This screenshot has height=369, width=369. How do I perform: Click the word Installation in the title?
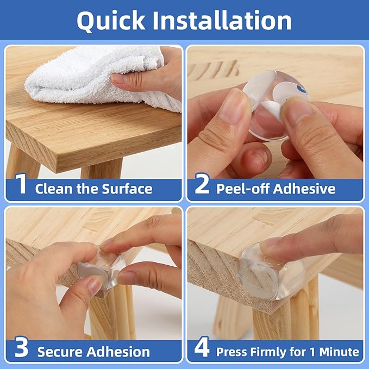point(222,20)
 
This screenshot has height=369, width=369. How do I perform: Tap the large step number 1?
point(21,184)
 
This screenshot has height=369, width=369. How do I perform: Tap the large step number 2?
point(202,184)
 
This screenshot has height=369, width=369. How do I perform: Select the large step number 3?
point(21,347)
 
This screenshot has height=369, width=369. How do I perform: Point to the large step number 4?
point(202,347)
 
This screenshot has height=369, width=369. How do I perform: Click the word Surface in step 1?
point(127,189)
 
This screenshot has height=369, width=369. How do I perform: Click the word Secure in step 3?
point(60,352)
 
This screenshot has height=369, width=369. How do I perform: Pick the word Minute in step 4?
point(339,352)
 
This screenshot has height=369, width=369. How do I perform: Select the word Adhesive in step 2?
point(304,189)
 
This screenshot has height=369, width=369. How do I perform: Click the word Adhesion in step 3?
point(118,352)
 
